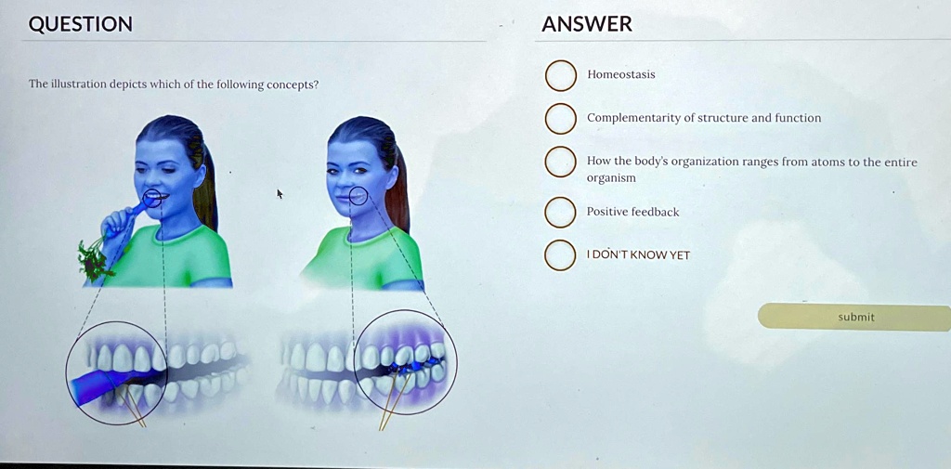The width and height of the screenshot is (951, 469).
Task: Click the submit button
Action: click(x=855, y=318)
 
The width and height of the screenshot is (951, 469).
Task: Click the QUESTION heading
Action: click(x=80, y=24)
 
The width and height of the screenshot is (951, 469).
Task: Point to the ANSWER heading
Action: click(x=587, y=24)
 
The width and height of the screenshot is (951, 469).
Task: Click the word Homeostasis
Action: click(x=621, y=74)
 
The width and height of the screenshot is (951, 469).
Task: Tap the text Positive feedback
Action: click(x=632, y=212)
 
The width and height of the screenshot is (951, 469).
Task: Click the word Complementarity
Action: click(x=634, y=118)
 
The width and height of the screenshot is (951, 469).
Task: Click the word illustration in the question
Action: click(x=77, y=84)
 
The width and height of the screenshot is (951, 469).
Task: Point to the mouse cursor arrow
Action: click(x=280, y=194)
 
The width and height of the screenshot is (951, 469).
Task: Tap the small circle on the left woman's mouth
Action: click(x=152, y=198)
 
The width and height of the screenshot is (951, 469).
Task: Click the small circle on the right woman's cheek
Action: click(x=358, y=196)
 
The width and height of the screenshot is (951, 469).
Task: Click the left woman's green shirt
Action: click(x=176, y=254)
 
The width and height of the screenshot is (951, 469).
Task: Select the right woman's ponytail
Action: click(x=397, y=189)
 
